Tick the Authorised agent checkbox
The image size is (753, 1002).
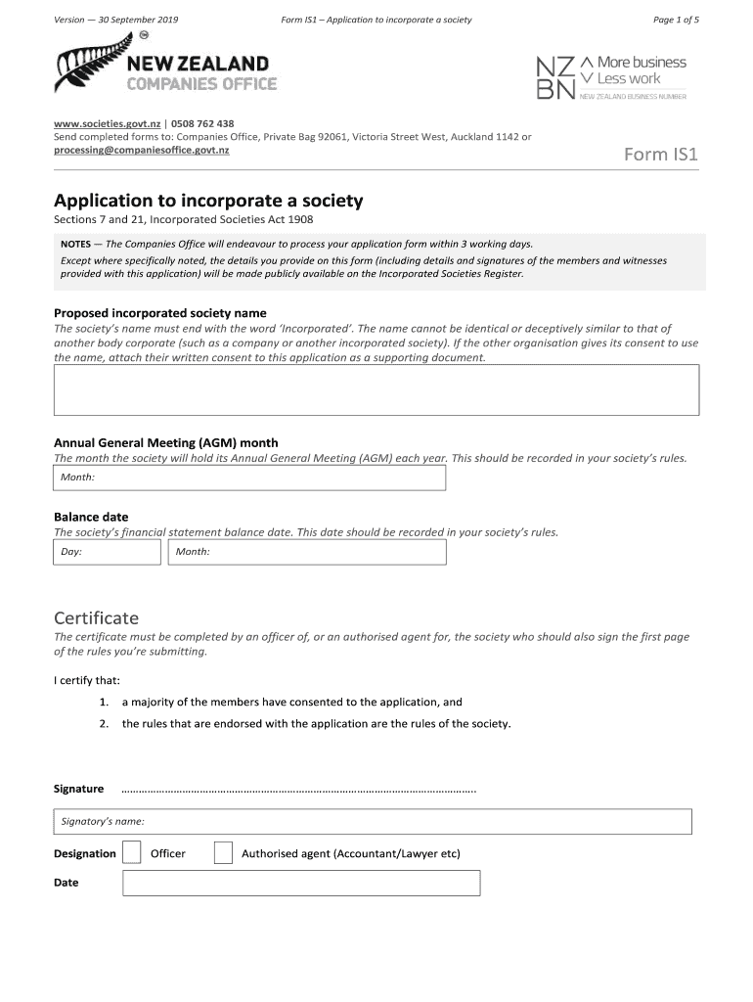223,853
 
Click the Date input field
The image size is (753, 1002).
301,883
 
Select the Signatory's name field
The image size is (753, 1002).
373,821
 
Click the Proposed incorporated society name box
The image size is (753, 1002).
376,389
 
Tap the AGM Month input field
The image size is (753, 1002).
249,478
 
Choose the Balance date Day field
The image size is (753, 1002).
107,552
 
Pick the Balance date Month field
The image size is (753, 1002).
307,552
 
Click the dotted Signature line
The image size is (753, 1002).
298,790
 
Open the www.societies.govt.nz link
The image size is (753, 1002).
107,124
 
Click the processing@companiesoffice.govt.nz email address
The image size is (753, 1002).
142,150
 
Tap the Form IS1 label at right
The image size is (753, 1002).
661,154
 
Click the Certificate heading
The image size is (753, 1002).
96,617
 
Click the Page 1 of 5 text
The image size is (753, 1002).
676,20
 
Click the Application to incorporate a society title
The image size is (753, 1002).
208,201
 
